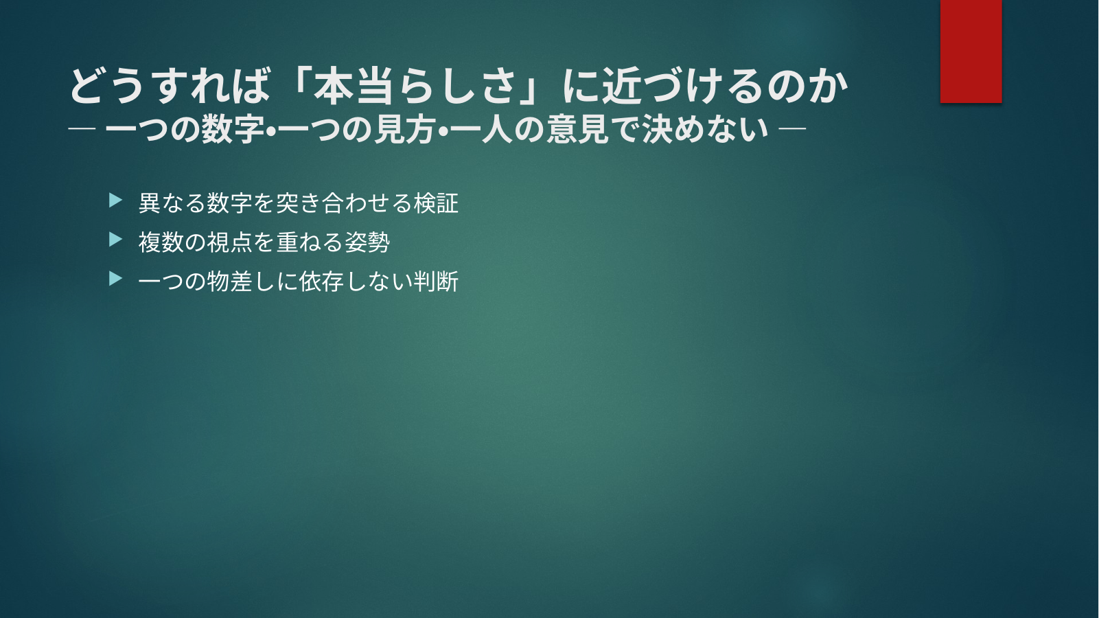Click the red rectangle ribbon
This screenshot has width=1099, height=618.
pos(971,51)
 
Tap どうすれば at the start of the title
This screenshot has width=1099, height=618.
pos(170,86)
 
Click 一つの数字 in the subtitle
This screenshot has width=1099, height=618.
pos(185,129)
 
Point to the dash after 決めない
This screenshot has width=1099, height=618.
pos(792,129)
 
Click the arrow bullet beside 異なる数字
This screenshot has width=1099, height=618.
pos(115,201)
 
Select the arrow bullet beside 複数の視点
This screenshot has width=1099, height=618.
pos(115,240)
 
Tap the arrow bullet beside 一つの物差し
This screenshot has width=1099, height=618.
pos(115,279)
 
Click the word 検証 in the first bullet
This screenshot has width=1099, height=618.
pos(436,203)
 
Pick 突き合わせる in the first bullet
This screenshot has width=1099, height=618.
pos(344,203)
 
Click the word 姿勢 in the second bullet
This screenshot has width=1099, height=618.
pos(367,242)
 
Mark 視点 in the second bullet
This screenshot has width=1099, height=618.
pos(229,242)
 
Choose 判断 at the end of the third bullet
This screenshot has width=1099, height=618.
pos(436,282)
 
